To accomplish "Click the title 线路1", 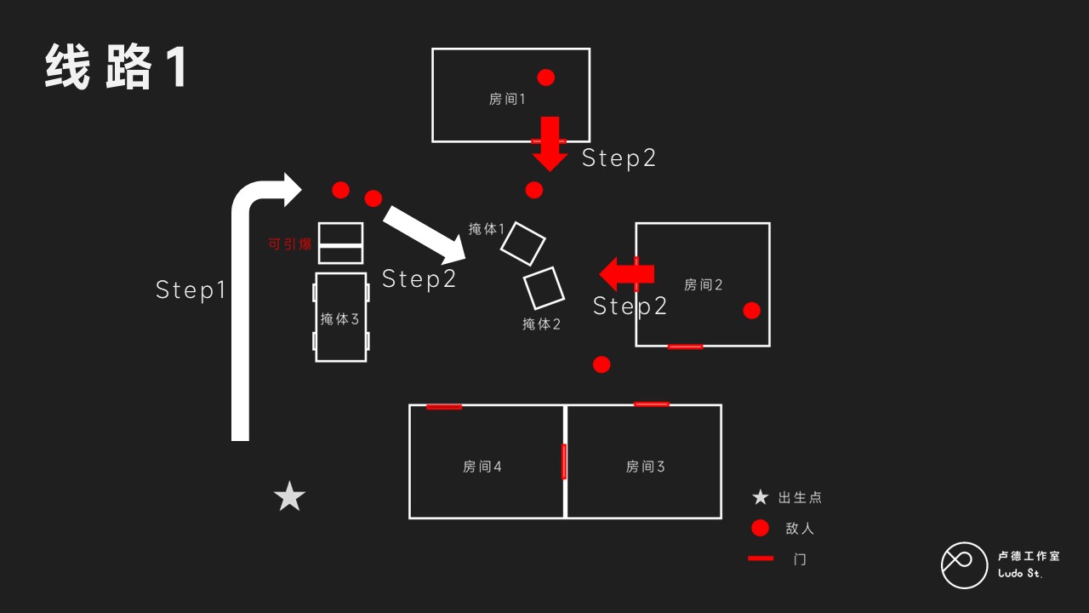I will pyautogui.click(x=116, y=67).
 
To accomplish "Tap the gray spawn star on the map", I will pyautogui.click(x=289, y=497).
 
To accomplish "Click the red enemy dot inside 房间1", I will pyautogui.click(x=546, y=77).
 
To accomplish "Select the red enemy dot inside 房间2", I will pyautogui.click(x=751, y=310).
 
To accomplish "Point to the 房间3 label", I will pyautogui.click(x=645, y=467).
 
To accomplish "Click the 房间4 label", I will pyautogui.click(x=482, y=467).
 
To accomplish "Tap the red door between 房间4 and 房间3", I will pyautogui.click(x=564, y=461).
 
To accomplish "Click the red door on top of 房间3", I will pyautogui.click(x=652, y=404).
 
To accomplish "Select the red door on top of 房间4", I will pyautogui.click(x=444, y=407).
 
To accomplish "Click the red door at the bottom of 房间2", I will pyautogui.click(x=685, y=347).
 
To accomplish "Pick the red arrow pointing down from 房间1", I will pyautogui.click(x=550, y=143).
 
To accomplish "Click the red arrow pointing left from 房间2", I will pyautogui.click(x=626, y=274).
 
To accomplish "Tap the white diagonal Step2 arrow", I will pyautogui.click(x=424, y=233).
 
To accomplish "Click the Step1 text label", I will pyautogui.click(x=191, y=289).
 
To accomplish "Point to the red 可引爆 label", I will pyautogui.click(x=290, y=244).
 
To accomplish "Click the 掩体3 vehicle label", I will pyautogui.click(x=340, y=319).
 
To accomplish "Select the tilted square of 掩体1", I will pyautogui.click(x=522, y=243).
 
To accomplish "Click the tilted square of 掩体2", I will pyautogui.click(x=544, y=288).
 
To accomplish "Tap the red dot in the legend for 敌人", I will pyautogui.click(x=761, y=528).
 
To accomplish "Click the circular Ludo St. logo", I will pyautogui.click(x=963, y=564).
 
